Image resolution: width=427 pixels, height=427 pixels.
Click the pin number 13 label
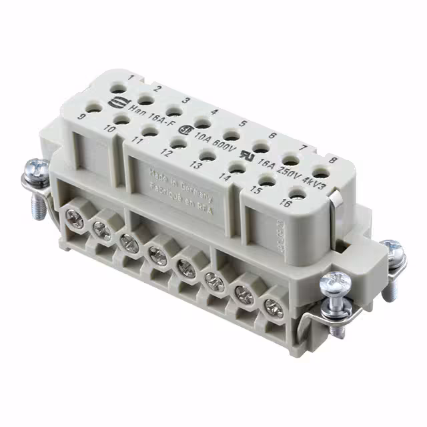(x=196, y=164)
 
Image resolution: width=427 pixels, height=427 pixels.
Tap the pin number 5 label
(x=244, y=123)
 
